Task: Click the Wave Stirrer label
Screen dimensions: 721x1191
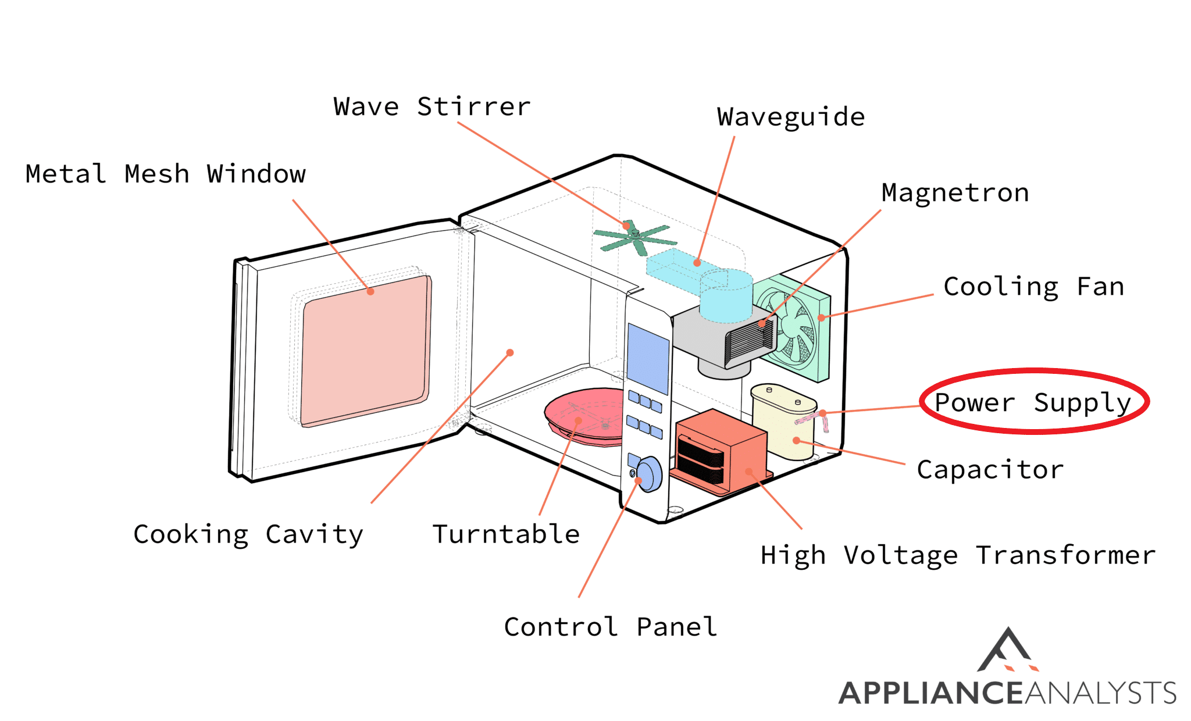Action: tap(432, 107)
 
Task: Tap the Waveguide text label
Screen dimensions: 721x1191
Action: tap(790, 117)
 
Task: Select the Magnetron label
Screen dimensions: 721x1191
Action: tap(955, 193)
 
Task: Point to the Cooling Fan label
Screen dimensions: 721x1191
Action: tap(1033, 287)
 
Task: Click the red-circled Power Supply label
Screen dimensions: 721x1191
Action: tap(1033, 402)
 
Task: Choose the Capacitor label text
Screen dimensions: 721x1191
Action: tap(990, 470)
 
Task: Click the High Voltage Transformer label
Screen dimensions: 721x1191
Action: tap(958, 555)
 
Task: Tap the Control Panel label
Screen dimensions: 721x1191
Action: tap(610, 627)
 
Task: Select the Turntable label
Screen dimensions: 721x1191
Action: tap(506, 534)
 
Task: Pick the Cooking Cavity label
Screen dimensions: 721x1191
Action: tap(248, 534)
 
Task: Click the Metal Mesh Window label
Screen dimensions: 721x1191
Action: tap(165, 174)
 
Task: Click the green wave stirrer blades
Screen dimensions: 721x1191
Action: tap(634, 237)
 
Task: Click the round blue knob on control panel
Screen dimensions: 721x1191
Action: tap(649, 474)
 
